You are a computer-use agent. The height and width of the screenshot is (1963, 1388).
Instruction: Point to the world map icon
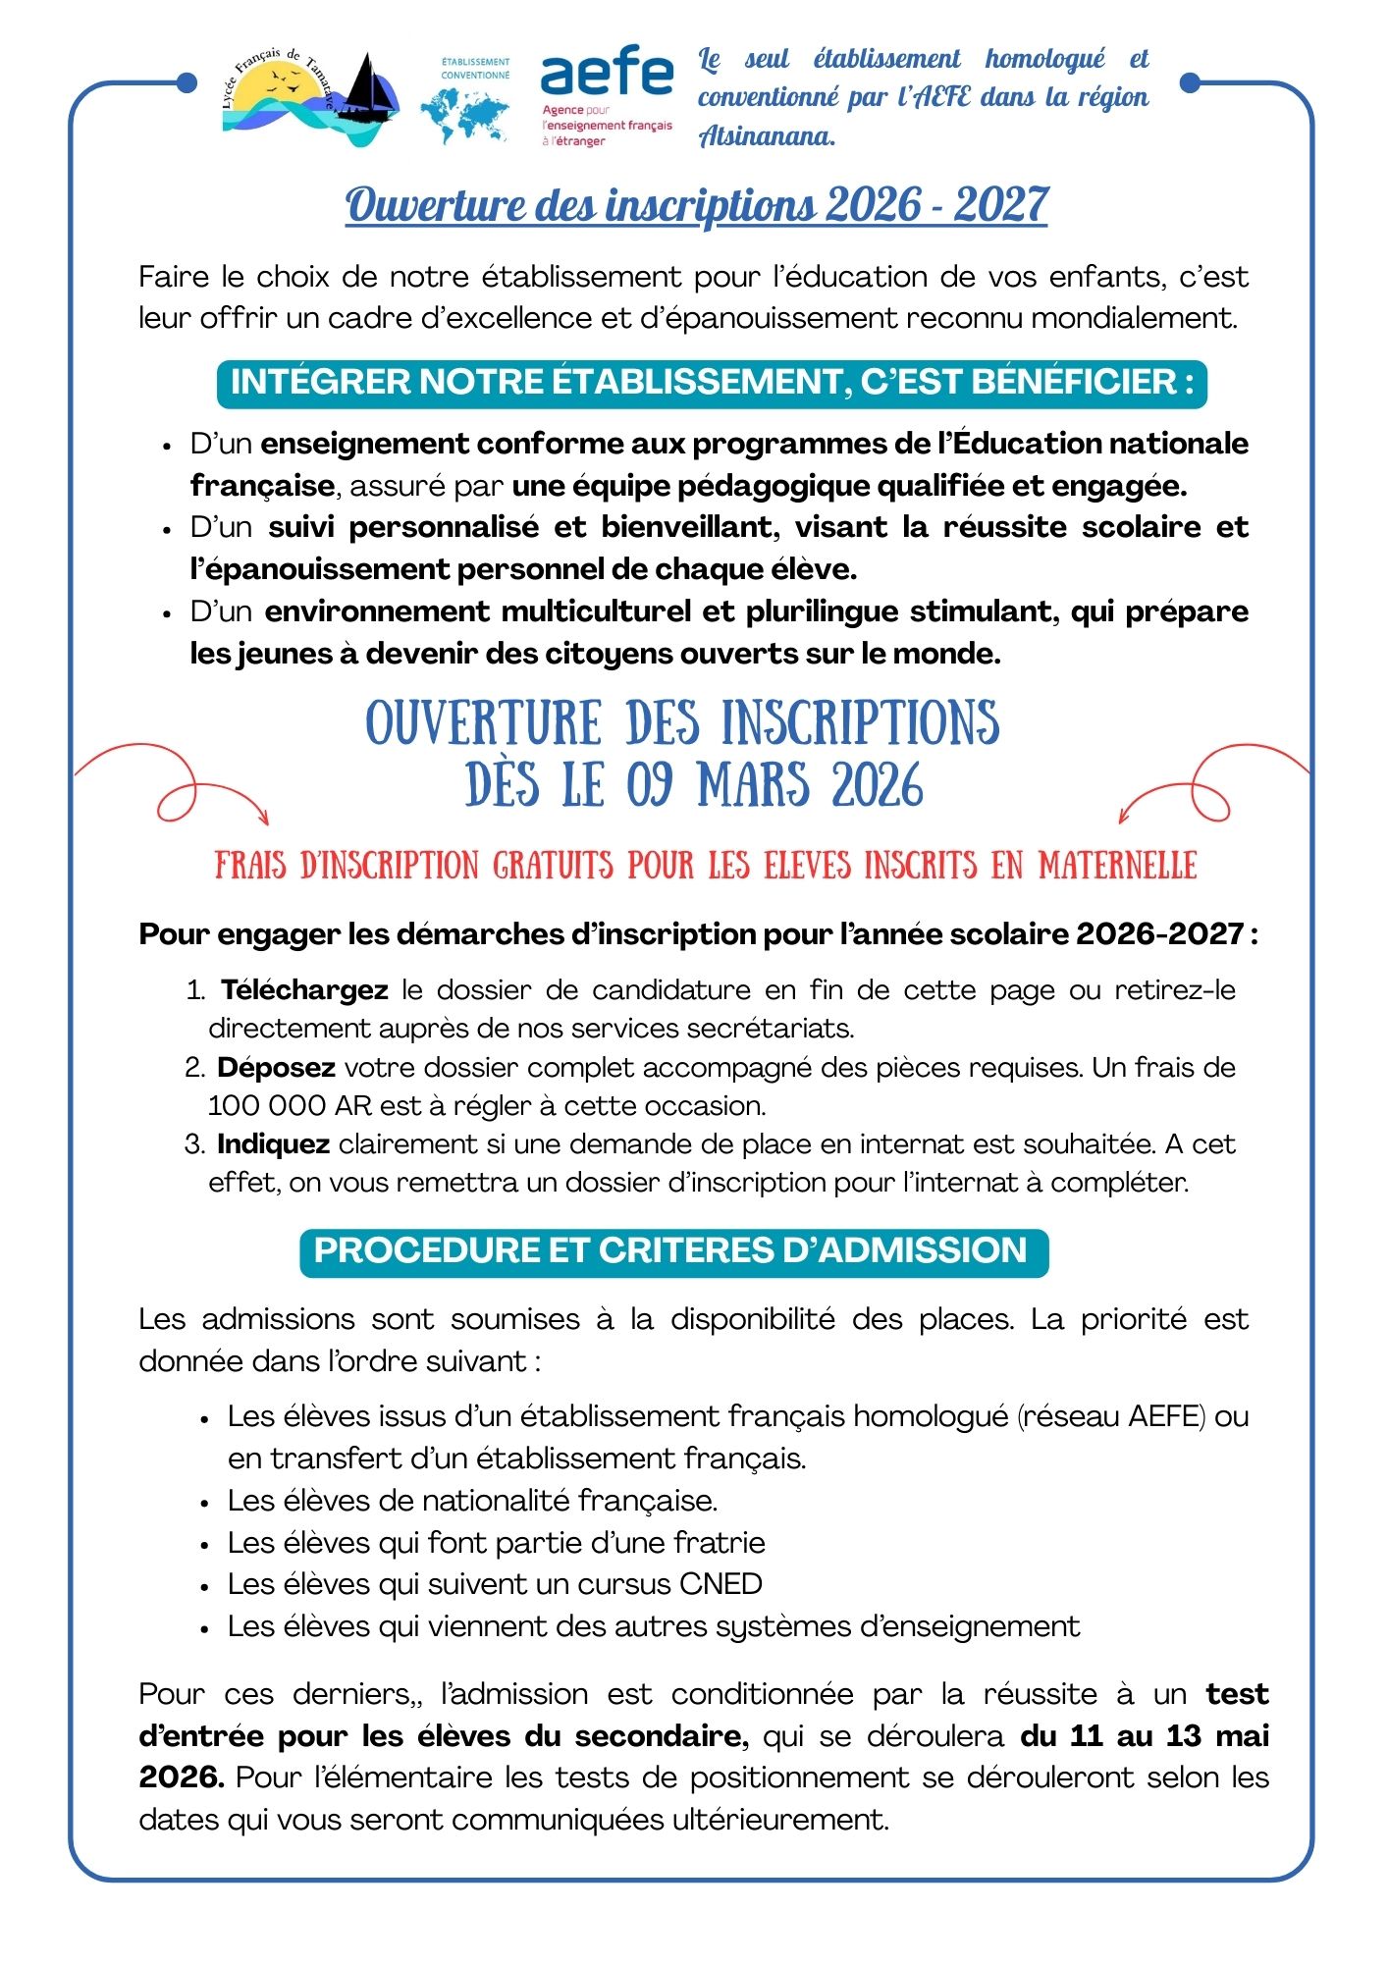464,116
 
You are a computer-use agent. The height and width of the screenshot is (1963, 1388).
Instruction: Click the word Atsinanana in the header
767,136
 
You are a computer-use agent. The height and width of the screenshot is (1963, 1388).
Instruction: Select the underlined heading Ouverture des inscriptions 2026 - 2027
696,206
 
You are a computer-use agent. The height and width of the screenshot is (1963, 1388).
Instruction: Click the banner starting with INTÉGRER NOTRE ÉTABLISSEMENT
712,382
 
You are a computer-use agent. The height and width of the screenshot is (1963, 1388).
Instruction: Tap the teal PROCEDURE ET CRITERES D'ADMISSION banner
673,1251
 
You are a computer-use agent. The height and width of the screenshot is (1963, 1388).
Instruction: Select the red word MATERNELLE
1118,866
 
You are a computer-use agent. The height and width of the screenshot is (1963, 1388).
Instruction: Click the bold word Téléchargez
304,989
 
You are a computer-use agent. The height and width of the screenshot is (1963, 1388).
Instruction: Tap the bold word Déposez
276,1067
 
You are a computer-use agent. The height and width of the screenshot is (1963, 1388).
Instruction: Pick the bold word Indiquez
273,1143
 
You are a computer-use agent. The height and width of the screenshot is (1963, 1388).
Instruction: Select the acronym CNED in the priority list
721,1584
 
